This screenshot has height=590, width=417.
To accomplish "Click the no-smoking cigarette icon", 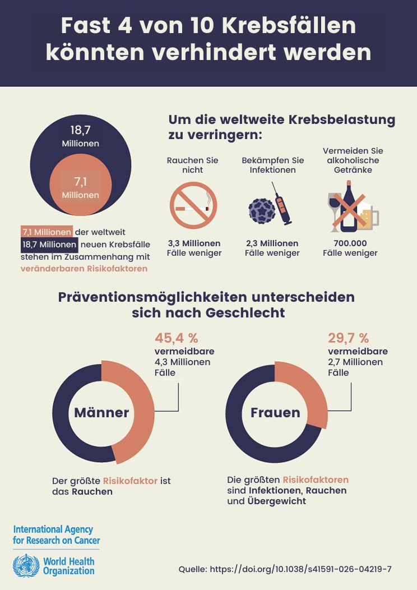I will click(x=193, y=205).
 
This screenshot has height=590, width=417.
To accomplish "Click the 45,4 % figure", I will click(x=177, y=338).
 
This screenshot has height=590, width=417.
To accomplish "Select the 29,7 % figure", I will click(x=348, y=338).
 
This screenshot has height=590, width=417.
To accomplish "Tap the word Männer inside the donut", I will click(x=101, y=413).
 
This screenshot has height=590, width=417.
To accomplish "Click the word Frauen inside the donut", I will click(x=275, y=413).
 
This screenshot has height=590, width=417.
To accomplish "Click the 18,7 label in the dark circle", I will click(x=80, y=130).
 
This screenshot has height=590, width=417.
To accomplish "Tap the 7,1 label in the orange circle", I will click(x=80, y=181).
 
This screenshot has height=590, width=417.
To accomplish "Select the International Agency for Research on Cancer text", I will click(x=56, y=535).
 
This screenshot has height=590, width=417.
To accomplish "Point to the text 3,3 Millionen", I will click(x=194, y=243).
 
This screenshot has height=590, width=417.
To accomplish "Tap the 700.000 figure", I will click(x=350, y=243).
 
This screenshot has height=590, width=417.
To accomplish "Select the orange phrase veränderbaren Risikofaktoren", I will click(x=84, y=269).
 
